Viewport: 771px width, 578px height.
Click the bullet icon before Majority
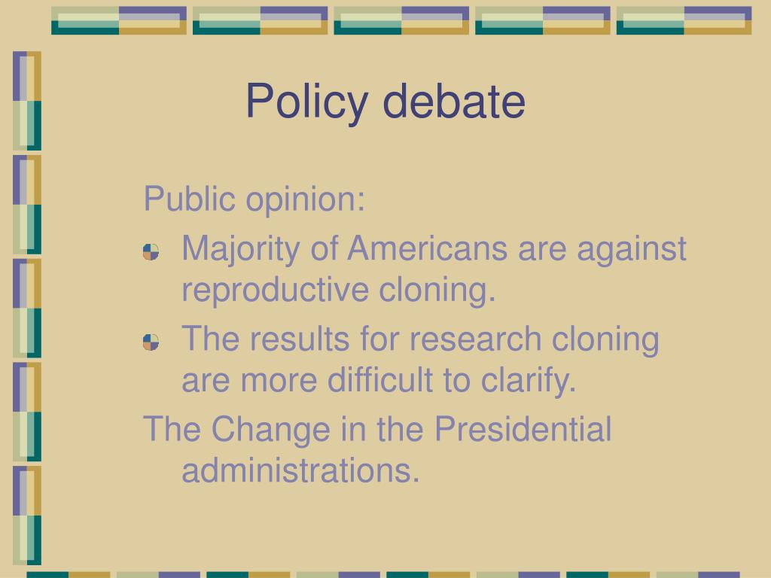click(x=151, y=252)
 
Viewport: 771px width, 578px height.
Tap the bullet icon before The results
click(x=151, y=342)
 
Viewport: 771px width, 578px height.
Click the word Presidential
click(x=523, y=429)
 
